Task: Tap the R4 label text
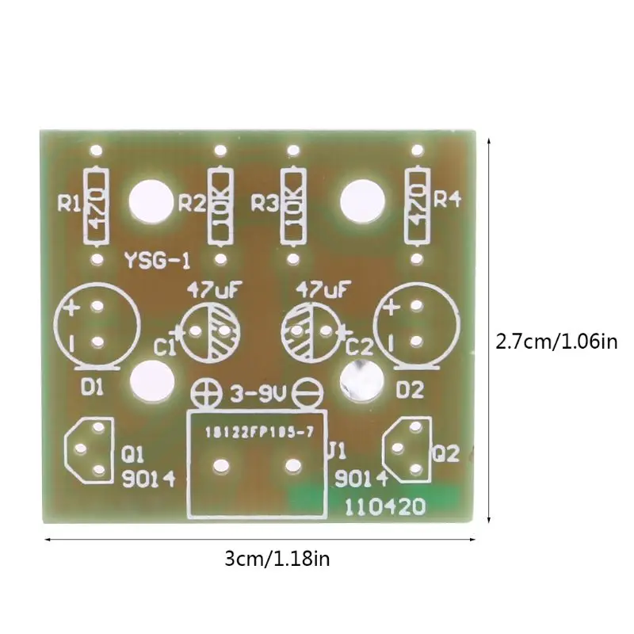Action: click(447, 200)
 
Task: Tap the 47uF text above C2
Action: click(321, 287)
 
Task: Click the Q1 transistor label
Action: click(132, 454)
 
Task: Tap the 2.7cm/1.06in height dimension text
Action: click(556, 342)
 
